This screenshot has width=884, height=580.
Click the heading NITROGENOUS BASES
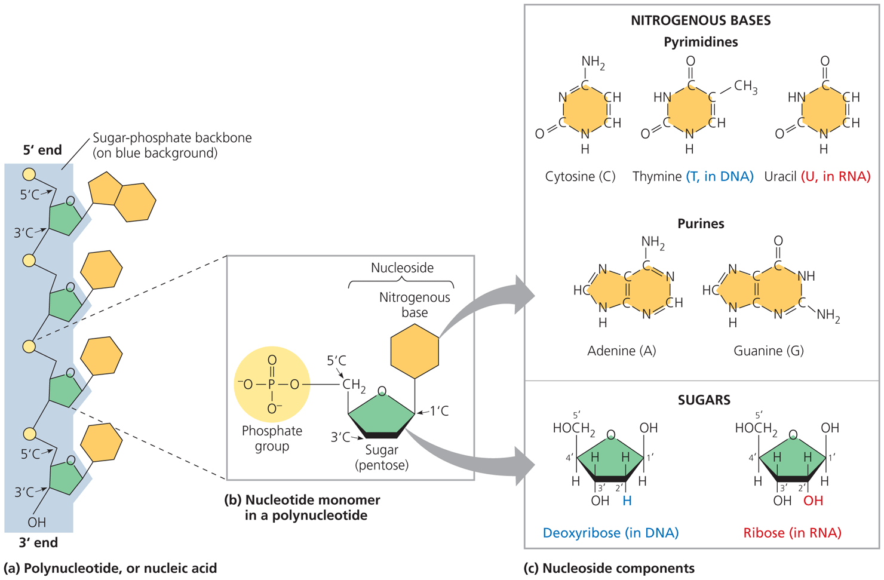pos(701,20)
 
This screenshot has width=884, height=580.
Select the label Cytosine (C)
pos(580,177)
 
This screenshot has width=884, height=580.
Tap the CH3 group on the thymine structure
pos(745,87)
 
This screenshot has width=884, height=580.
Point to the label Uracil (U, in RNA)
pos(817,177)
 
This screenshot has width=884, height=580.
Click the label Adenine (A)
pos(621,351)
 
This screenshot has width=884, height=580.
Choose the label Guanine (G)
pos(768,351)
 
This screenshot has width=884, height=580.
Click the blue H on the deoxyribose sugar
pos(627,501)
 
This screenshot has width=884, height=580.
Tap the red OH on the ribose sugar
pos(813,501)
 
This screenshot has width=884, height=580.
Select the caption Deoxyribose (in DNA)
pos(610,533)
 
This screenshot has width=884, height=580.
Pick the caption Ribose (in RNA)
pos(792,533)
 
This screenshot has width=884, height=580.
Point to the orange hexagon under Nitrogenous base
pos(415,351)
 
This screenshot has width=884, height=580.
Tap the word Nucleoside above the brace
pos(402,268)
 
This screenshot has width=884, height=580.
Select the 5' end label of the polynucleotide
pos(42,150)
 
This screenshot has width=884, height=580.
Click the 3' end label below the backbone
pos(38,542)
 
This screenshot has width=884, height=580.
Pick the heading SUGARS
pos(704,400)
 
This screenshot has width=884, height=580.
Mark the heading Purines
pos(701,224)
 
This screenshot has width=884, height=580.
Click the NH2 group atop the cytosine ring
pos(593,62)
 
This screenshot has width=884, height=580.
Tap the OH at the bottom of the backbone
pos(36,523)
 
